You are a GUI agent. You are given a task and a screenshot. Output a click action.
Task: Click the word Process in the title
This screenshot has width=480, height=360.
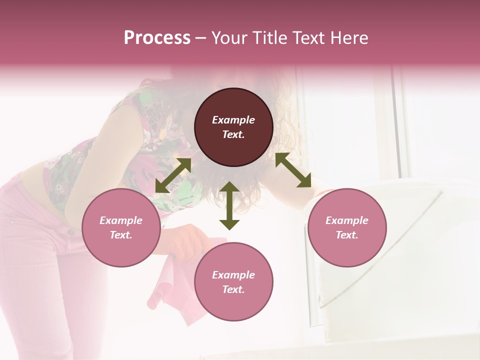coord(157,38)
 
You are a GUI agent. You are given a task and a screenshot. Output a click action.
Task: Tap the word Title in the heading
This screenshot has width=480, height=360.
coord(267,38)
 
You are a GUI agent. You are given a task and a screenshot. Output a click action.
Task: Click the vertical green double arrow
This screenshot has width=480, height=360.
coord(229,205)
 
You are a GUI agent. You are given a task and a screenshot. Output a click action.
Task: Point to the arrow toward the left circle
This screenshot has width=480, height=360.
coord(173,175)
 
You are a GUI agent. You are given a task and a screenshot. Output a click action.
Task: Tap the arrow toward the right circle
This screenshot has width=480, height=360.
coord(293,170)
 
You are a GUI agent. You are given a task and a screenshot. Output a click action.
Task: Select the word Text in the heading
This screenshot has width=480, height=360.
coord(307,38)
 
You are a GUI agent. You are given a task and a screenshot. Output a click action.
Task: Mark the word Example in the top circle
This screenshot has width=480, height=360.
coord(233,120)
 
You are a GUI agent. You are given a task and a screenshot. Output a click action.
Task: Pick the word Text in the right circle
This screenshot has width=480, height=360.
coord(347,235)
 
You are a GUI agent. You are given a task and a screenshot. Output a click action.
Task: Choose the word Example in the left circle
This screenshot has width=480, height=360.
coord(121,220)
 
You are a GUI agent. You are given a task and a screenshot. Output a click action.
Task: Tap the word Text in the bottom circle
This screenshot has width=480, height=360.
coord(233,289)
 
